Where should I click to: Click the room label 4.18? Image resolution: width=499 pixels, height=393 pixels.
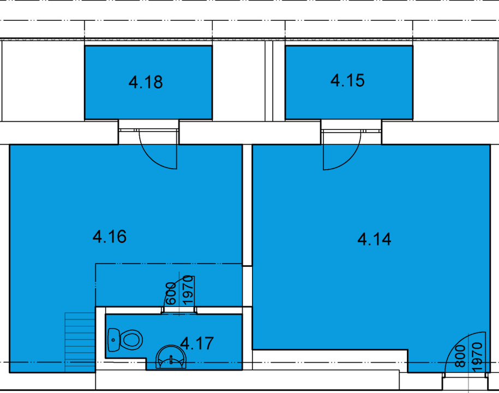(x=146, y=82)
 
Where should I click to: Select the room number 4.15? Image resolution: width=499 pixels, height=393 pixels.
(x=347, y=80)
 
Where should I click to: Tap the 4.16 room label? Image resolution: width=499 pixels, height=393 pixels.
(x=110, y=237)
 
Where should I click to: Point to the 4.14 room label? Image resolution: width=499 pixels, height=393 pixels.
(x=374, y=239)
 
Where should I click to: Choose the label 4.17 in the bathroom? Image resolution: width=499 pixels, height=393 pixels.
(x=197, y=343)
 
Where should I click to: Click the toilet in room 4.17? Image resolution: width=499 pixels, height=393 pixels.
(x=125, y=340)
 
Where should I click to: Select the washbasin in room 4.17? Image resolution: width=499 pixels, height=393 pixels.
(x=171, y=357)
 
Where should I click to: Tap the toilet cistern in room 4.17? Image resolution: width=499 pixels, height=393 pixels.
(x=113, y=340)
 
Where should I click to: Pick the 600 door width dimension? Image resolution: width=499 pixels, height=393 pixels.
(x=171, y=293)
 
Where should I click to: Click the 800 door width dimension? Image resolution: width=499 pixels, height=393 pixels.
(x=460, y=356)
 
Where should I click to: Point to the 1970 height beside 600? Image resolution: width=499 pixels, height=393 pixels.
(x=188, y=290)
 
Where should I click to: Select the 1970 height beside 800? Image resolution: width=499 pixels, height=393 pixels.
(x=477, y=357)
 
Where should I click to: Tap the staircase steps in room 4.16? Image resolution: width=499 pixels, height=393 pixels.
(x=80, y=342)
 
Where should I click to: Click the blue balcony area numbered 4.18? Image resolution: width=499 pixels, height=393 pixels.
(x=148, y=82)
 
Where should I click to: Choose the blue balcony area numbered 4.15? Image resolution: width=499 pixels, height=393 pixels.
(x=349, y=82)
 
